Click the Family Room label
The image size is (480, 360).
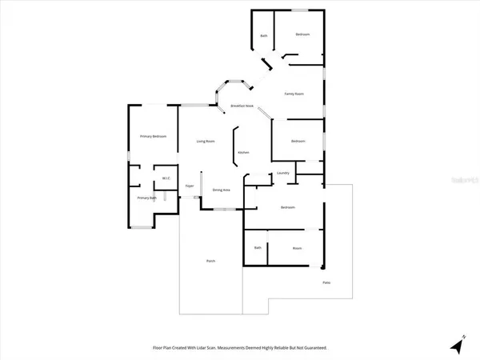[x=294, y=94]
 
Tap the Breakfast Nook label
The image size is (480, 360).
[x=242, y=106]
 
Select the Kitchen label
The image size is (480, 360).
[x=242, y=152]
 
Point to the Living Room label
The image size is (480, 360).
[x=206, y=142]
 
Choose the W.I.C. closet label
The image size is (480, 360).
[x=166, y=178]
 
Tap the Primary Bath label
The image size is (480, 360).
[x=146, y=198]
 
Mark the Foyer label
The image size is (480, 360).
[x=190, y=186]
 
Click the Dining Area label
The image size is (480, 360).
[x=222, y=190]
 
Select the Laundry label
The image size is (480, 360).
[x=282, y=173]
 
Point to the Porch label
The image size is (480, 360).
[x=210, y=261]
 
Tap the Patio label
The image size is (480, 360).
[x=326, y=283]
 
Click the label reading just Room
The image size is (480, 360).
[x=297, y=249]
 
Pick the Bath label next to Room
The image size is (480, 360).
[x=258, y=248]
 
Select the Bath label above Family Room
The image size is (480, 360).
[x=264, y=35]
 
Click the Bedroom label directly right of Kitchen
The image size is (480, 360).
[x=298, y=141]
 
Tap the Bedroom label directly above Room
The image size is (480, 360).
[x=288, y=208]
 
